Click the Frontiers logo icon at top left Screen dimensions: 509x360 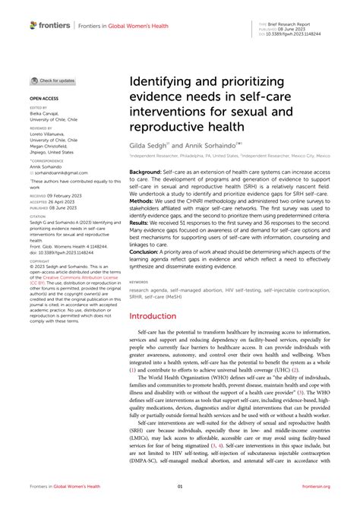(33, 25)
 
